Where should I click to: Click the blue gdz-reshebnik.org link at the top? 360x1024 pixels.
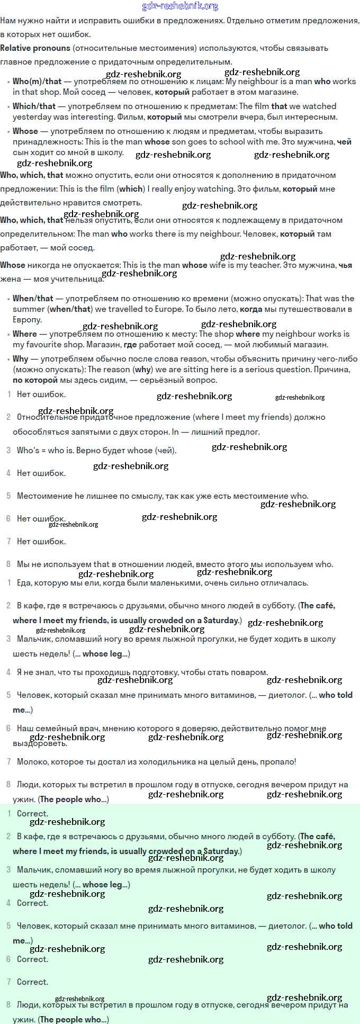point(180,6)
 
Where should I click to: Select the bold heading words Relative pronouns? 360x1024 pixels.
point(35,48)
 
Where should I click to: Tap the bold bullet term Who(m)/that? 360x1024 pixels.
point(37,82)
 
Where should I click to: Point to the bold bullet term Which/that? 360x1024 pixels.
point(34,106)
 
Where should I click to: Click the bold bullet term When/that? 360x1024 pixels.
point(33,299)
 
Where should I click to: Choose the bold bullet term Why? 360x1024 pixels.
point(20,359)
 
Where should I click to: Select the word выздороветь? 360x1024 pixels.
point(40,743)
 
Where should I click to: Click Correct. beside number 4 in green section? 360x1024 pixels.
point(32,903)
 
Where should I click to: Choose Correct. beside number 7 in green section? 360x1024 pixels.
point(32,982)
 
